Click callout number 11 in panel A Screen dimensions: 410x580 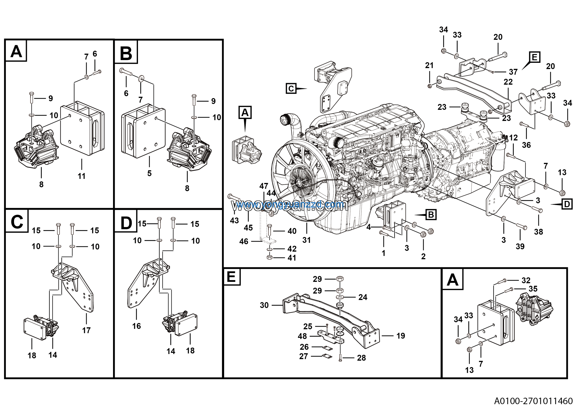tap(81, 176)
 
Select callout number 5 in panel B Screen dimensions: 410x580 tap(149, 173)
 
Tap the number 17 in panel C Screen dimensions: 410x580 tap(86, 330)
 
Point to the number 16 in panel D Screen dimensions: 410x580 tap(136, 326)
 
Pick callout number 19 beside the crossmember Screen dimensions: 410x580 tap(401, 336)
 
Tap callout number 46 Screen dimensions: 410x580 tap(244, 242)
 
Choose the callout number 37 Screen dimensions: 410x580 tap(513, 72)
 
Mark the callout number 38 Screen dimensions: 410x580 tap(538, 232)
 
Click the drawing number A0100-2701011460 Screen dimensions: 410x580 tap(533, 401)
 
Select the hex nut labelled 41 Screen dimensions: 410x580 tap(269, 258)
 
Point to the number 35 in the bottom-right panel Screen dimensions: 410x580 tap(533, 289)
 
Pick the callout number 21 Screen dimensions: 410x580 tap(429, 65)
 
